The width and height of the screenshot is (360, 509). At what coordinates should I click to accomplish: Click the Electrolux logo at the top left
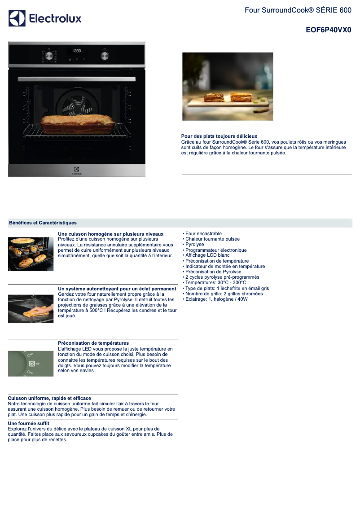point(45,18)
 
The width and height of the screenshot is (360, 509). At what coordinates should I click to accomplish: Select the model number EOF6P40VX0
point(328,31)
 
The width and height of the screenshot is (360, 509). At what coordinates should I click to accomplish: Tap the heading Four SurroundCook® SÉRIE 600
point(298,10)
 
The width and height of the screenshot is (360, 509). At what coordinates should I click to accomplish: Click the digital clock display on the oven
point(77,51)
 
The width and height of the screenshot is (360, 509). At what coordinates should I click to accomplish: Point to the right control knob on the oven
point(105,56)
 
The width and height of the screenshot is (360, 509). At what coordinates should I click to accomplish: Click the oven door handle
point(77,79)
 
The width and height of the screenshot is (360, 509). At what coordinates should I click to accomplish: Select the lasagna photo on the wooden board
point(228,87)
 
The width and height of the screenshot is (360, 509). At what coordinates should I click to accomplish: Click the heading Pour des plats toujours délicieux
point(219,136)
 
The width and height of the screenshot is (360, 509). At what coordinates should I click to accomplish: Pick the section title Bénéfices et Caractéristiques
point(43,223)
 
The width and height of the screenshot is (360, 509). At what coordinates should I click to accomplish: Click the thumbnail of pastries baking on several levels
point(31,254)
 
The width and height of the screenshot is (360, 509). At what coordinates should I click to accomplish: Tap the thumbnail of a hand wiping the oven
point(31,308)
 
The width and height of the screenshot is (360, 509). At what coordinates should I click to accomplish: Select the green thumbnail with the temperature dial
point(31,363)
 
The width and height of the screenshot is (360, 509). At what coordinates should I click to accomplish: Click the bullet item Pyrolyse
point(195,245)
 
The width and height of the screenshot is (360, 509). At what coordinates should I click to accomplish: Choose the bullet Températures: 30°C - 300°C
point(216,282)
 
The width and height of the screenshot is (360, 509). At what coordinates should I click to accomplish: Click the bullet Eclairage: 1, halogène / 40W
point(216,299)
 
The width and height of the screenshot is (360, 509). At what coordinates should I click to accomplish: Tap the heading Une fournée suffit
point(29,423)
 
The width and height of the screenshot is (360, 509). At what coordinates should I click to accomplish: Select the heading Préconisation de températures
point(93,343)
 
